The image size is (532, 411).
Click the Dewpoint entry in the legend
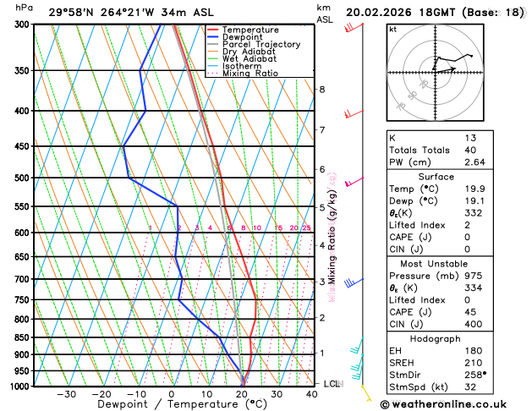244,37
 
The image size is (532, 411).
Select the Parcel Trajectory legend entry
261,45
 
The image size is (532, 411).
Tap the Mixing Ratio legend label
250,74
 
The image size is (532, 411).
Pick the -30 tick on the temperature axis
66,395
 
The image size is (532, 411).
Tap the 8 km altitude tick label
322,90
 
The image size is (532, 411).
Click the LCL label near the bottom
332,384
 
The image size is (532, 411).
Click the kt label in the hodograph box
392,30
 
